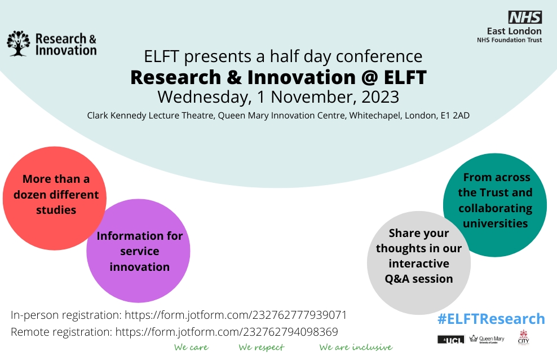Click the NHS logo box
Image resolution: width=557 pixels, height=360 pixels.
(x=525, y=17)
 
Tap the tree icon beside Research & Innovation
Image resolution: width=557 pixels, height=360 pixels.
(x=17, y=43)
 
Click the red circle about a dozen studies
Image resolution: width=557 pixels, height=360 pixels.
(x=54, y=195)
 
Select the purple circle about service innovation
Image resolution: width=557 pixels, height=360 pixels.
(x=139, y=251)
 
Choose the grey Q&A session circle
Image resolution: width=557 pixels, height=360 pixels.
(x=419, y=256)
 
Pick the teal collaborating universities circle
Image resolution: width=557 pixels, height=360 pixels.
(x=495, y=200)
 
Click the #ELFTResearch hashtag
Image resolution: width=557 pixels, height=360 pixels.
(x=491, y=319)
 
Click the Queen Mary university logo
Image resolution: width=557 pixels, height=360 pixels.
(x=487, y=339)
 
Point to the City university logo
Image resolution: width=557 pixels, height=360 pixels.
(x=523, y=339)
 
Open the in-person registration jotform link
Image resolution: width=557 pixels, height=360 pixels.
(x=236, y=315)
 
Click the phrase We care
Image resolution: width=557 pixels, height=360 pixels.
(x=191, y=348)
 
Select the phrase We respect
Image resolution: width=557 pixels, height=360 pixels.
(x=261, y=348)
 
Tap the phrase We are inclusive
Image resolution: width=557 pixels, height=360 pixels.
(x=355, y=348)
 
